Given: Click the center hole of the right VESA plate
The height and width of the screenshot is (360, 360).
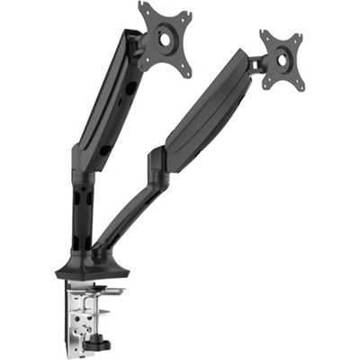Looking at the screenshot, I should (x=282, y=58).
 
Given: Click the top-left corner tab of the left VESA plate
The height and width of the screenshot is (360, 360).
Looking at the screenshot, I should (x=144, y=8).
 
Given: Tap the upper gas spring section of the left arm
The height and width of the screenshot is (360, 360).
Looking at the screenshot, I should (x=112, y=99).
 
